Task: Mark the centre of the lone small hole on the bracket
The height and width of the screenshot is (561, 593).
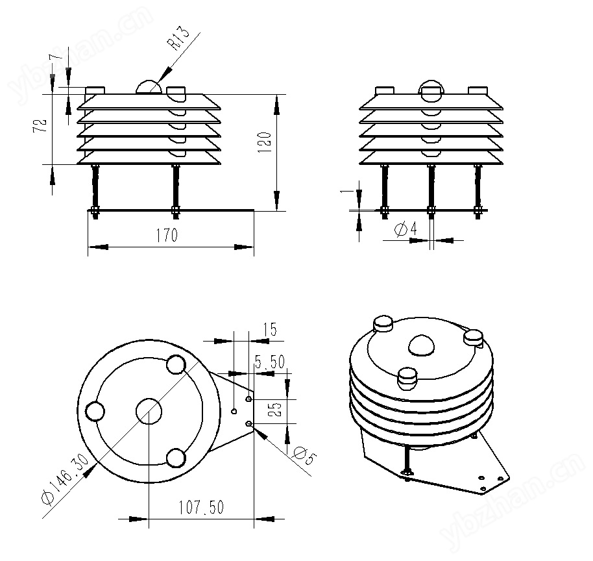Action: pyautogui.click(x=234, y=411)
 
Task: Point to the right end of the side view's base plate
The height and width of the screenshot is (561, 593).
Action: pyautogui.click(x=254, y=210)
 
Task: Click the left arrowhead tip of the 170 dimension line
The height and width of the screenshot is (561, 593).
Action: pyautogui.click(x=88, y=247)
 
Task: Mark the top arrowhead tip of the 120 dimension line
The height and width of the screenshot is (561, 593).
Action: pyautogui.click(x=277, y=95)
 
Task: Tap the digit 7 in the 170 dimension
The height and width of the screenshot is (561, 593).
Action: pyautogui.click(x=166, y=235)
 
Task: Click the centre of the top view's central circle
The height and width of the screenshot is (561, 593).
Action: pyautogui.click(x=149, y=411)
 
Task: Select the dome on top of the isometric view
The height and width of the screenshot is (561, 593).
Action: pyautogui.click(x=421, y=345)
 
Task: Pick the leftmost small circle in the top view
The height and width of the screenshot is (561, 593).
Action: pyautogui.click(x=95, y=412)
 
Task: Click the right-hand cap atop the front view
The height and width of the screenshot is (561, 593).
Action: pyautogui.click(x=478, y=90)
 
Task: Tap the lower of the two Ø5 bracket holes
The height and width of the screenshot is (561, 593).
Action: pyautogui.click(x=249, y=423)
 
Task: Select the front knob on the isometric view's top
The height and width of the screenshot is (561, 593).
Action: pyautogui.click(x=407, y=379)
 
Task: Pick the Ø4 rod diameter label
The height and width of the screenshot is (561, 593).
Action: pyautogui.click(x=405, y=229)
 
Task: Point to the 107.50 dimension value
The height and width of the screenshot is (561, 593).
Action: pyautogui.click(x=201, y=507)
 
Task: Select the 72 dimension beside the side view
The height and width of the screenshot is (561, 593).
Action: pyautogui.click(x=40, y=125)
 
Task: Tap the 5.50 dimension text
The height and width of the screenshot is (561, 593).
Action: pyautogui.click(x=270, y=362)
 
